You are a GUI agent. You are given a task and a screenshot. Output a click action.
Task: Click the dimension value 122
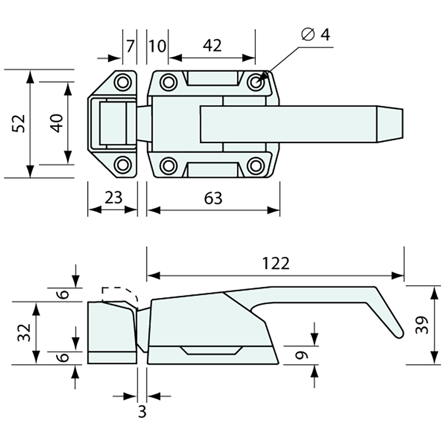coord(276,263)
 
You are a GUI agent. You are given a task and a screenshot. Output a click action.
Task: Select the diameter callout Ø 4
coord(316,35)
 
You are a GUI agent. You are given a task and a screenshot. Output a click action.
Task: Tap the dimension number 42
coord(212,46)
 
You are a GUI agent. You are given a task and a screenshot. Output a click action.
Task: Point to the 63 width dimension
coord(213,198)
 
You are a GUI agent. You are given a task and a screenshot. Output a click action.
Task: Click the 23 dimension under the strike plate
coord(113,198)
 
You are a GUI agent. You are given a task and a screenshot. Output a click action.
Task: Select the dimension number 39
coord(422,325)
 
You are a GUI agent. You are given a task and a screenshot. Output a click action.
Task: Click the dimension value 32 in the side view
coord(24,333)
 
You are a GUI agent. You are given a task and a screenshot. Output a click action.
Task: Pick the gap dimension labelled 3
coord(142,412)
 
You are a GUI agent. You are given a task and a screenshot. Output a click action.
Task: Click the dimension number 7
coord(129,46)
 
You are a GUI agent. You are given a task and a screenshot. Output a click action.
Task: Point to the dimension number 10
coord(157,46)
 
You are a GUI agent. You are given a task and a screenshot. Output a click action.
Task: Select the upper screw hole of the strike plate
coord(123,82)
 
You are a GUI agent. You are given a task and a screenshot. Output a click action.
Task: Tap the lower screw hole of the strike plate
coord(123,165)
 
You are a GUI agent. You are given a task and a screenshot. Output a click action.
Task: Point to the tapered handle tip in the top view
coord(390,124)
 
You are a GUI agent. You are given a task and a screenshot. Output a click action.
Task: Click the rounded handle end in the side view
coord(398,333)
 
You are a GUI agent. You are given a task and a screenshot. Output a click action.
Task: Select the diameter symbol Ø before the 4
coord(308,35)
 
